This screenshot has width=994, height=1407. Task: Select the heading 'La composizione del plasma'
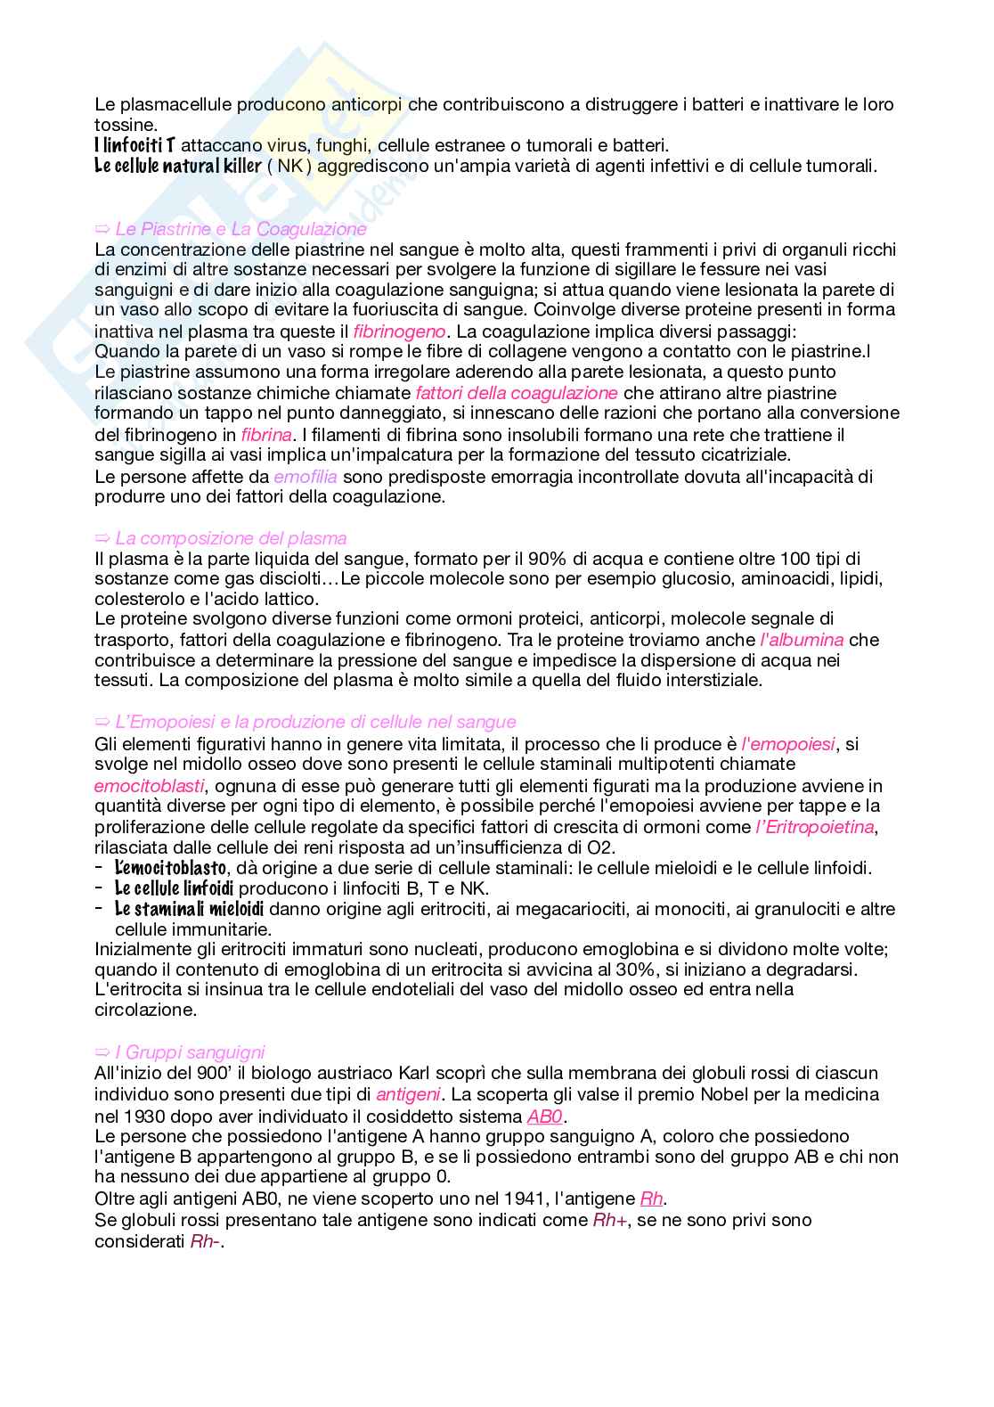[231, 538]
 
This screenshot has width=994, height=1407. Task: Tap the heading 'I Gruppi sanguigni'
[190, 1052]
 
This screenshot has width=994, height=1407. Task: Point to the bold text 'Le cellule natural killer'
[177, 166]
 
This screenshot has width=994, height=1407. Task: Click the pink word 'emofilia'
[306, 477]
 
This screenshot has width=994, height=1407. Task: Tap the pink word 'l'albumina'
[802, 640]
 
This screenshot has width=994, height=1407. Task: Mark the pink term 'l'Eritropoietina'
[814, 827]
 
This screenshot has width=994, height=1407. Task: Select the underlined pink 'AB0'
[546, 1117]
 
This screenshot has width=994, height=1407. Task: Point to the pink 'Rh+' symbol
[611, 1220]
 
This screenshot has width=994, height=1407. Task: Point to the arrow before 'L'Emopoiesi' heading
[102, 722]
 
